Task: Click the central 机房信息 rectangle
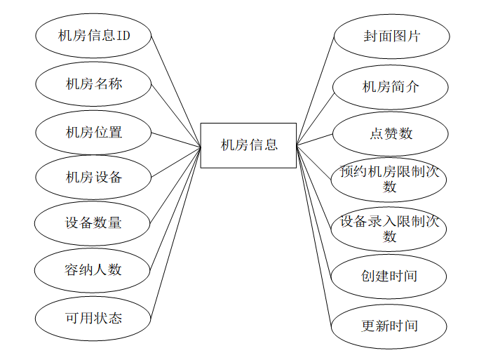coord(248,145)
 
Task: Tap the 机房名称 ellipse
coord(93,84)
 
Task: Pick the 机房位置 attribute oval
coord(93,131)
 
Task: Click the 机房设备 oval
coord(93,178)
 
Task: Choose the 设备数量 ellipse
coord(93,223)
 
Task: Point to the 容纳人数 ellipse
coord(93,269)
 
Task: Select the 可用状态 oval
coord(93,318)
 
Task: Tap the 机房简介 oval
coord(390,87)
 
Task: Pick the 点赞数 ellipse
coord(390,133)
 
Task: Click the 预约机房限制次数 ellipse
coord(389,179)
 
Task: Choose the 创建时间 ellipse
coord(389,276)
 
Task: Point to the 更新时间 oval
coord(389,326)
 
